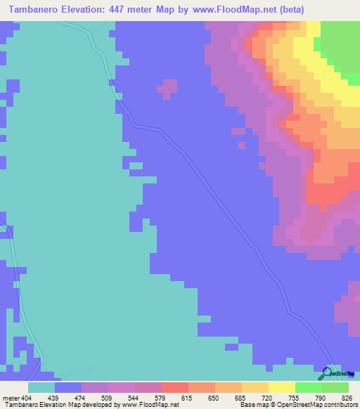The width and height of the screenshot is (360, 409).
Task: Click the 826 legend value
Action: point(347,397)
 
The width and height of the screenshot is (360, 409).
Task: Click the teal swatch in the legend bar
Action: point(41,387)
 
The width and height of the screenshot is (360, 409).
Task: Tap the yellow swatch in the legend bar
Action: point(282,387)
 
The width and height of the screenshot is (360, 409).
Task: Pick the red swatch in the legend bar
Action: point(175,387)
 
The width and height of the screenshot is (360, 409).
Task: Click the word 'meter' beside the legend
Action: point(8,397)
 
